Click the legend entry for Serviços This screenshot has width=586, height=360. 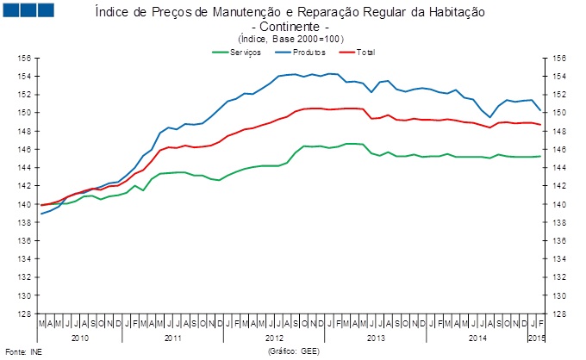(x=245, y=53)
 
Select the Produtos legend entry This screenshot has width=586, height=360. (x=309, y=53)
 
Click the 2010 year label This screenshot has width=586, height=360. (x=80, y=338)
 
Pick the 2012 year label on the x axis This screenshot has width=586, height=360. (x=275, y=338)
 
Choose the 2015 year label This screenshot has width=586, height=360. (x=536, y=338)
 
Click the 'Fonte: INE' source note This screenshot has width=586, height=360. (x=22, y=351)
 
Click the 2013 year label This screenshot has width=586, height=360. (x=376, y=338)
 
